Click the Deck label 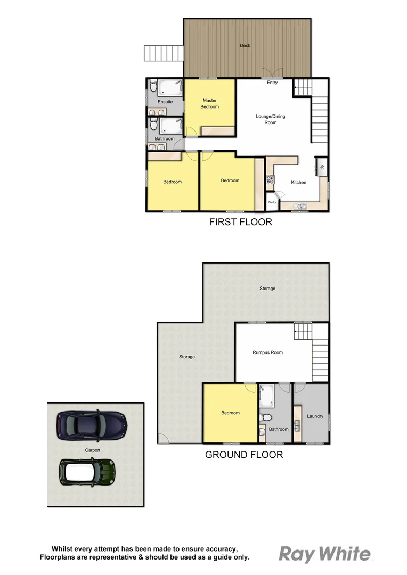(245, 46)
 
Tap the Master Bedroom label (209, 103)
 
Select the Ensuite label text (165, 102)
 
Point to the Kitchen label (298, 183)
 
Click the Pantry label (272, 202)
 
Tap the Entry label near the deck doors (272, 83)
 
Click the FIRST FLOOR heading (241, 222)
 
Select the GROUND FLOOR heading (244, 455)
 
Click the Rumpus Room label (267, 352)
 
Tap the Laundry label (315, 416)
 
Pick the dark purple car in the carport (92, 425)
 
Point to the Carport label (92, 450)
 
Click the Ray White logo (325, 554)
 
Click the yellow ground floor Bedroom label (230, 413)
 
